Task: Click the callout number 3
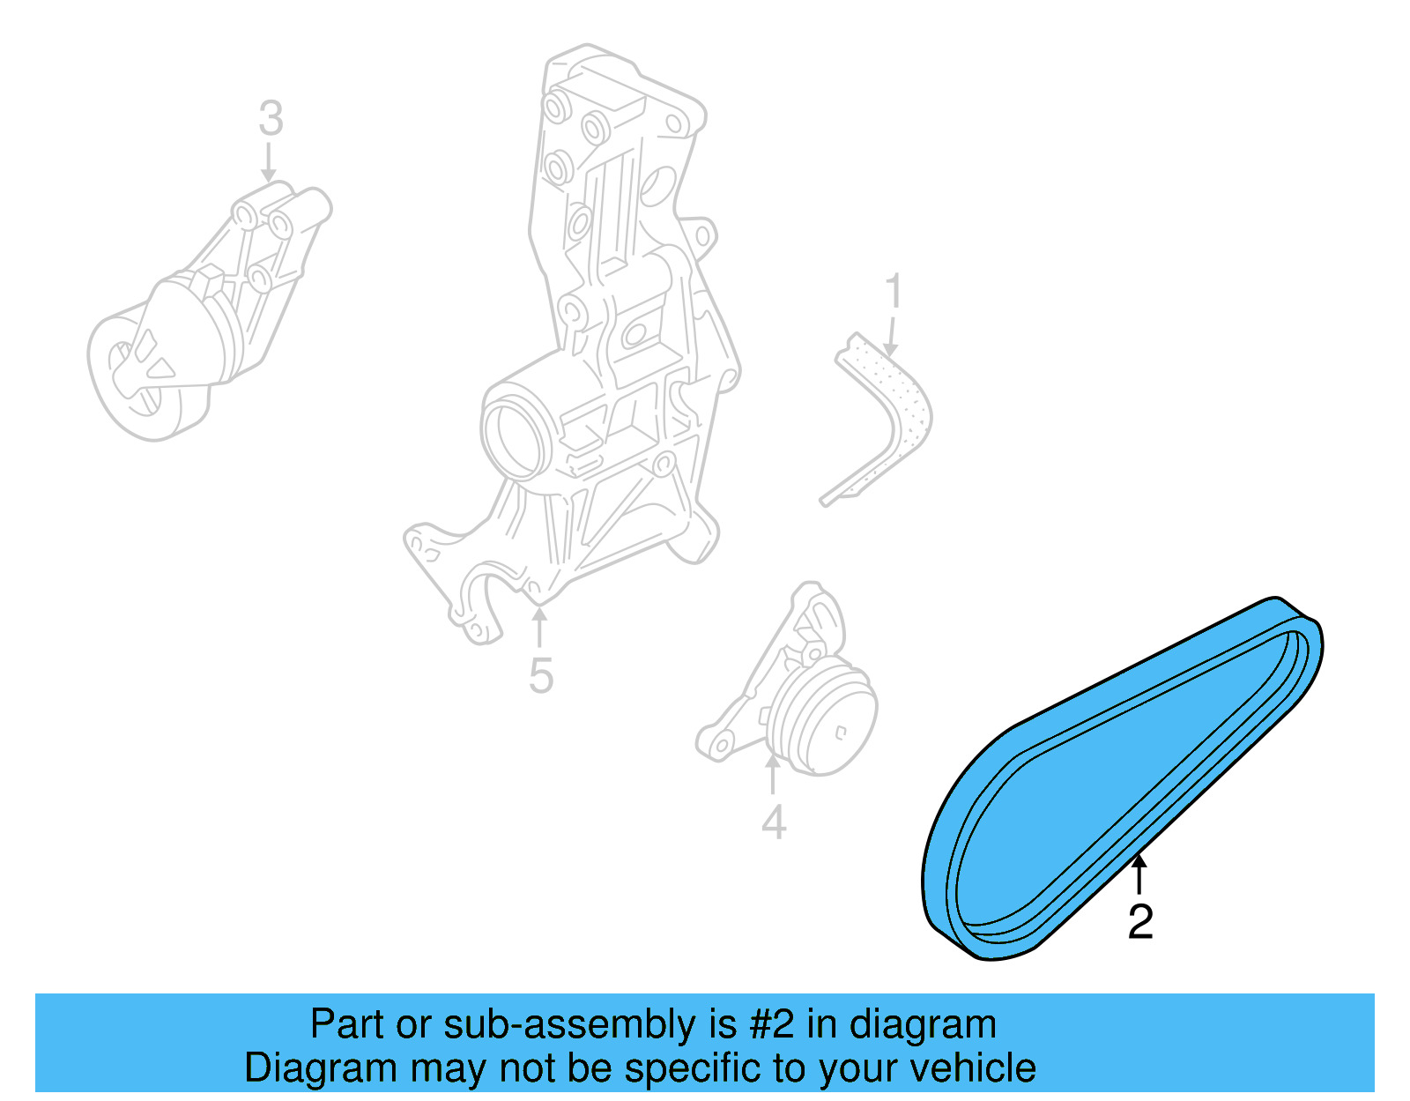271,119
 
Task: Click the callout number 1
894,291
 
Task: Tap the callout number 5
541,676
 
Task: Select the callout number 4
773,822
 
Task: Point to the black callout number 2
1140,922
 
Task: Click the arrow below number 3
269,163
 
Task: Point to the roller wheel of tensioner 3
132,379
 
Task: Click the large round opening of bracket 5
516,436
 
